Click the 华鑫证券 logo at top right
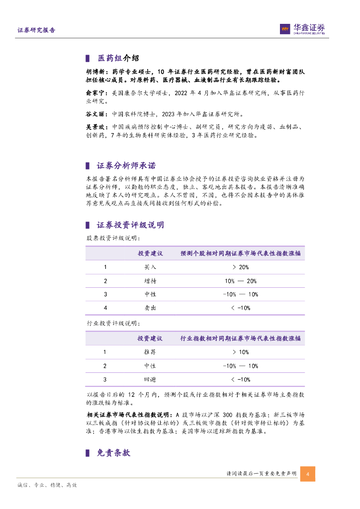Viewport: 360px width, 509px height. pyautogui.click(x=302, y=29)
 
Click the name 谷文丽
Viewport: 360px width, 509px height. pyautogui.click(x=96, y=114)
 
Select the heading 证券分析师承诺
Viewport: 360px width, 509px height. pyautogui.click(x=126, y=166)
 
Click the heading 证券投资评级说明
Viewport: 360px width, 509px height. pyautogui.click(x=130, y=225)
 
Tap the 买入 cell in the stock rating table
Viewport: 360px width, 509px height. pyautogui.click(x=150, y=267)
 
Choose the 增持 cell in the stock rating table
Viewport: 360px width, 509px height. pyautogui.click(x=150, y=281)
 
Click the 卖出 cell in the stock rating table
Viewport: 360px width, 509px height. pyautogui.click(x=150, y=308)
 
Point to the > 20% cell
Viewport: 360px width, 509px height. pyautogui.click(x=241, y=267)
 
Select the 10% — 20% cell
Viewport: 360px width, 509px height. pyautogui.click(x=241, y=281)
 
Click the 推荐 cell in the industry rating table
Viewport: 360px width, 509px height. pyautogui.click(x=150, y=352)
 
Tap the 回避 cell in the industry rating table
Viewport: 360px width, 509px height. pyautogui.click(x=150, y=380)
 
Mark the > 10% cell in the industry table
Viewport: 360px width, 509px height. pyautogui.click(x=241, y=352)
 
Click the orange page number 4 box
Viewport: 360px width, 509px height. pyautogui.click(x=308, y=474)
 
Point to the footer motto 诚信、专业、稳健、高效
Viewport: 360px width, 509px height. pyautogui.click(x=47, y=485)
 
